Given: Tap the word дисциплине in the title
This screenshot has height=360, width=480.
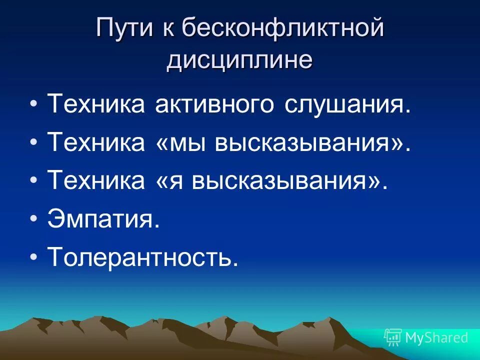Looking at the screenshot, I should [239, 60].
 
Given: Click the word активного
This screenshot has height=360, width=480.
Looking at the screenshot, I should [212, 105].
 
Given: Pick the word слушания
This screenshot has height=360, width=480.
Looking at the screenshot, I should [345, 105].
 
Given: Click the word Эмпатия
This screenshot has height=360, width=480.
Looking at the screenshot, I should [103, 219].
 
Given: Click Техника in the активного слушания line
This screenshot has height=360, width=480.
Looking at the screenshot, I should [95, 105].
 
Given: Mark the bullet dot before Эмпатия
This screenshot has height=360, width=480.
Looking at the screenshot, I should [34, 219].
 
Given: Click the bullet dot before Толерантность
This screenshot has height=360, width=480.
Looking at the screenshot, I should [34, 257].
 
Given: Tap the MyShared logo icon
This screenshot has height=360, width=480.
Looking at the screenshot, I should [392, 337].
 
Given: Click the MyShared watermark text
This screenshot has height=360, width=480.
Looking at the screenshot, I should [436, 338].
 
